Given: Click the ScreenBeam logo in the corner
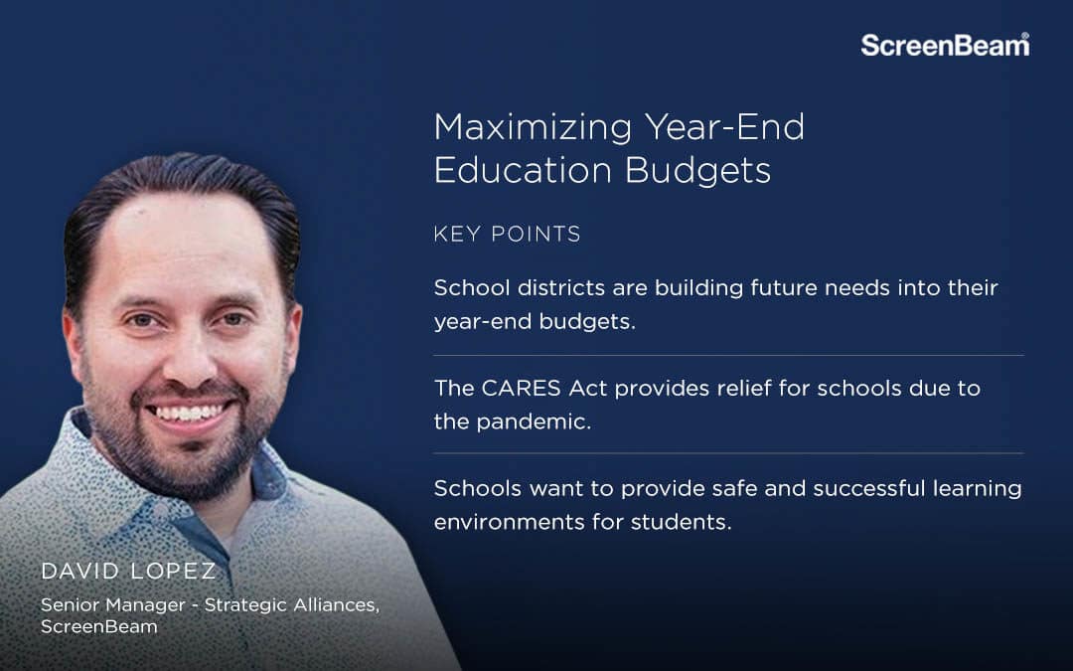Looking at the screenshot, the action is [x=945, y=45].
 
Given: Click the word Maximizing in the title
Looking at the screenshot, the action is [x=534, y=128].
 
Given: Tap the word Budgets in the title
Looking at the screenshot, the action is [x=698, y=171].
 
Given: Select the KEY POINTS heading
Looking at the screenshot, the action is [x=507, y=235].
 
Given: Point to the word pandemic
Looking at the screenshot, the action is [x=534, y=421].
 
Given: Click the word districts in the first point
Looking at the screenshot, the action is [x=560, y=287].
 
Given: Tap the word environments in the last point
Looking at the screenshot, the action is [x=509, y=523].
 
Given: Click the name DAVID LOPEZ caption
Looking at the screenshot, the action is [x=128, y=571].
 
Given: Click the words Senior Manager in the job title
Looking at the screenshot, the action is [x=113, y=605].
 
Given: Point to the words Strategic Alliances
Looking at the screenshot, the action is [x=292, y=605].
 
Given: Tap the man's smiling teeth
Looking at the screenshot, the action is [x=190, y=413].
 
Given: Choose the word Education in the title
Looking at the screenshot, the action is [x=523, y=171].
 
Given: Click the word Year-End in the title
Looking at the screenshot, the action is [x=724, y=128].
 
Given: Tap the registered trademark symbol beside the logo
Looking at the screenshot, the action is [x=1024, y=36].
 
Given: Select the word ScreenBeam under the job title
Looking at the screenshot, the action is [x=99, y=626].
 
